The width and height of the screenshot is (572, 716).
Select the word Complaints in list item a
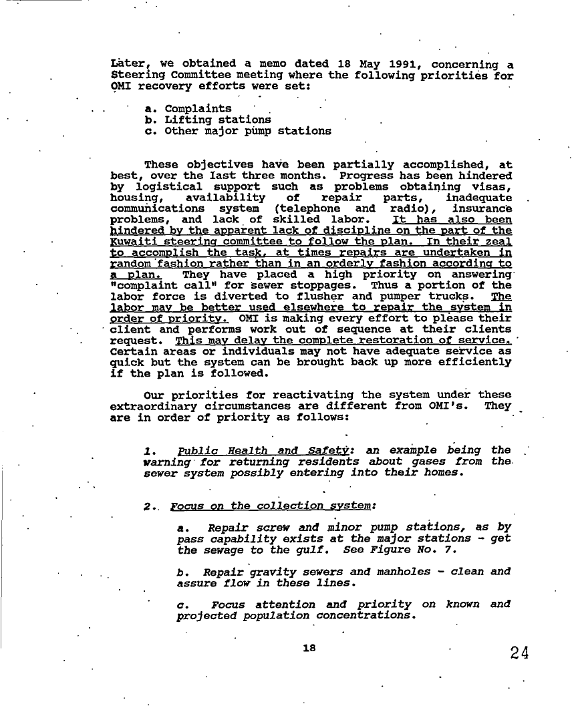[198, 109]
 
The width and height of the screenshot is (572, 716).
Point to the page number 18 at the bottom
[308, 648]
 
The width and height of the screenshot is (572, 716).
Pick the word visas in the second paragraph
[492, 186]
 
